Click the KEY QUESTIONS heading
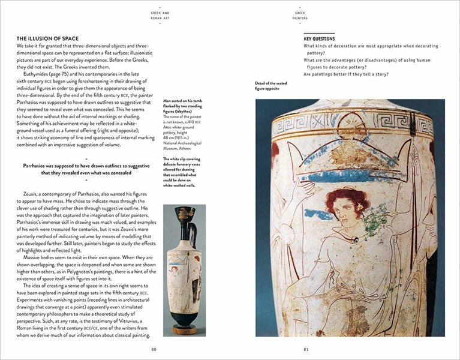click(319, 39)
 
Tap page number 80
click(154, 349)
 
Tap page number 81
click(306, 349)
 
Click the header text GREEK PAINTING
click(300, 15)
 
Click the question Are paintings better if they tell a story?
click(345, 74)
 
